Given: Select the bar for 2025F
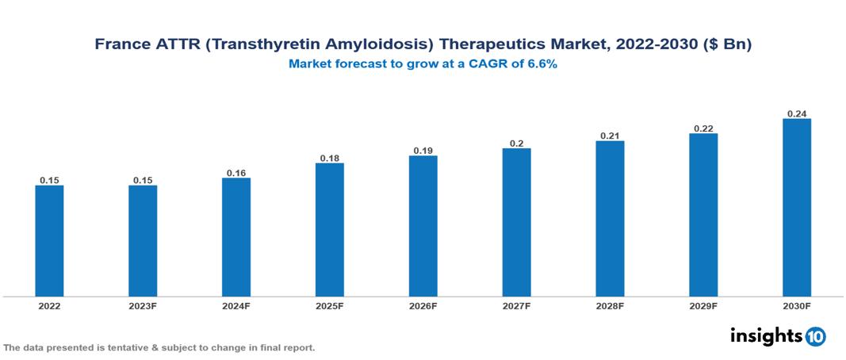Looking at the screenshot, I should coord(329,230).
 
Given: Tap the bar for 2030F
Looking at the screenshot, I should coord(797,208).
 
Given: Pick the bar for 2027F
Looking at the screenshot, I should coord(516,222).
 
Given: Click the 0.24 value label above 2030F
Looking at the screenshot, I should coord(797,113).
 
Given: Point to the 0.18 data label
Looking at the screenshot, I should coord(329,158).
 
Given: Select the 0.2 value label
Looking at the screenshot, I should coord(516,143).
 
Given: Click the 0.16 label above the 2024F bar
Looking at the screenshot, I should coord(236,173).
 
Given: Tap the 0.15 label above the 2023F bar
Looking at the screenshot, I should coord(143,180).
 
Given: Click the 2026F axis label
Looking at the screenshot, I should coord(423,306).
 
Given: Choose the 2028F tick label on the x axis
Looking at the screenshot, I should coord(610,306).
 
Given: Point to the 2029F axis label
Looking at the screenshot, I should coord(703,306).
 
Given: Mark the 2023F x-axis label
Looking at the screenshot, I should coord(143,306).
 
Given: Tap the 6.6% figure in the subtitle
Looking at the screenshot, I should coord(540,64).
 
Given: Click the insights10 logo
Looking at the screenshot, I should coord(778,336).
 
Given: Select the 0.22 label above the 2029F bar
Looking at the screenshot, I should coord(703,128).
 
